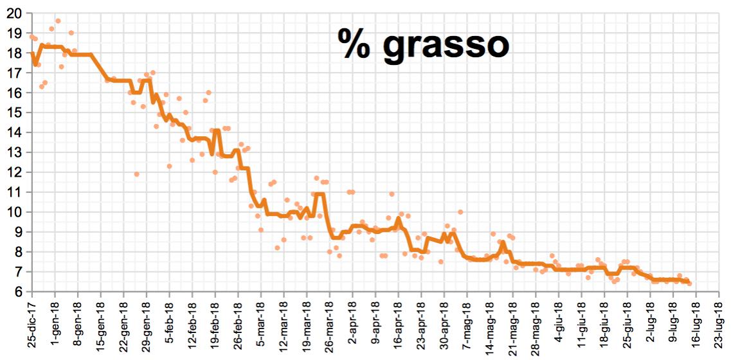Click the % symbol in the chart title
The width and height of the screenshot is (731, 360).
pyautogui.click(x=356, y=46)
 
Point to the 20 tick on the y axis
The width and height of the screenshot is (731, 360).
pyautogui.click(x=14, y=14)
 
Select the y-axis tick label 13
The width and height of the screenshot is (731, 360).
pyautogui.click(x=14, y=152)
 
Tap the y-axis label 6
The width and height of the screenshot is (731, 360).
pyautogui.click(x=17, y=291)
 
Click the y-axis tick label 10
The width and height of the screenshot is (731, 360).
pyautogui.click(x=14, y=212)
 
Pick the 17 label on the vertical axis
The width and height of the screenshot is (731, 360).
pyautogui.click(x=14, y=73)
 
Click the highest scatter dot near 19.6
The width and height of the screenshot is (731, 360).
pyautogui.click(x=58, y=21)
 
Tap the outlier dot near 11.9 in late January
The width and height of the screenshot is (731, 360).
pyautogui.click(x=136, y=174)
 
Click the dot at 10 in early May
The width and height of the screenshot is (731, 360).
pyautogui.click(x=460, y=212)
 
